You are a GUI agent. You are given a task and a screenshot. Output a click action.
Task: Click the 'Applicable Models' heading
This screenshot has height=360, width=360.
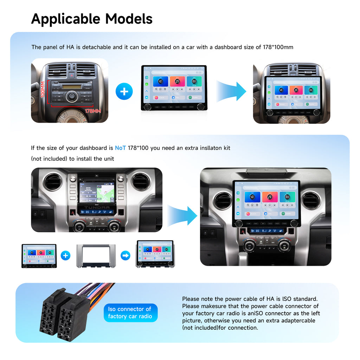(92, 19)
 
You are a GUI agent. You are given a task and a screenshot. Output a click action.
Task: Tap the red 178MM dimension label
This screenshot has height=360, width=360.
(92, 111)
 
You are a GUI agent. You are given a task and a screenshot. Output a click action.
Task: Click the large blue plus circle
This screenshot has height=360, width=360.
(124, 92)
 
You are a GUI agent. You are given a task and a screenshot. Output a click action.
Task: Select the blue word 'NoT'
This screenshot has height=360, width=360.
(120, 148)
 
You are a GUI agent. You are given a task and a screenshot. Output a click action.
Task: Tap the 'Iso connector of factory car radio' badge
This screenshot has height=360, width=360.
(130, 313)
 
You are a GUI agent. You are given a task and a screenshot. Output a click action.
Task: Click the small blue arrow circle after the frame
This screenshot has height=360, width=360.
(126, 256)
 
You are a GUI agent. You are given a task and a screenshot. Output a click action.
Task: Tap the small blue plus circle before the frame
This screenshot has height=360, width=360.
(65, 256)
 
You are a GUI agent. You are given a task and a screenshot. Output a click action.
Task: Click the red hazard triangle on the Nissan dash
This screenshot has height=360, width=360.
(72, 75)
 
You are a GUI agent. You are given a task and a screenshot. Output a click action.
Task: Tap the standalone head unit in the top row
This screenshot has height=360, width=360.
(173, 88)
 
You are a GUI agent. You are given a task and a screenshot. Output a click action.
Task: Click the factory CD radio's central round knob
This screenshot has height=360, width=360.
(71, 95)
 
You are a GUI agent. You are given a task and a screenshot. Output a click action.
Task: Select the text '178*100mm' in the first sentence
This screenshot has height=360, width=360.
(278, 47)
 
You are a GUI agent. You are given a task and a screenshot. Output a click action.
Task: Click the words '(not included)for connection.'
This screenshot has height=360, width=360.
(220, 328)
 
